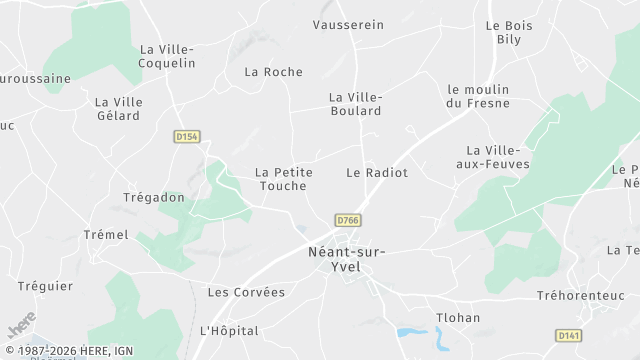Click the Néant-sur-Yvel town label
(x=345, y=259)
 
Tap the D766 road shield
(x=347, y=220)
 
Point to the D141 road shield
(x=567, y=336)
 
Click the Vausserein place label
(x=348, y=25)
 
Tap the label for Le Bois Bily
(x=507, y=32)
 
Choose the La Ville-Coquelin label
(x=167, y=55)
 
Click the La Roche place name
(x=273, y=72)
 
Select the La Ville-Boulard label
(x=355, y=104)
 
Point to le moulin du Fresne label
(x=478, y=96)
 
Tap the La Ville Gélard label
(x=118, y=109)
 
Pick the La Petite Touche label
(x=284, y=179)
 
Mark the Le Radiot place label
(x=377, y=173)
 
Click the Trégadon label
(x=154, y=198)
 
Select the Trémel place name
(x=106, y=235)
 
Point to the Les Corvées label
(x=246, y=293)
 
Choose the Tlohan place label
(x=458, y=318)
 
